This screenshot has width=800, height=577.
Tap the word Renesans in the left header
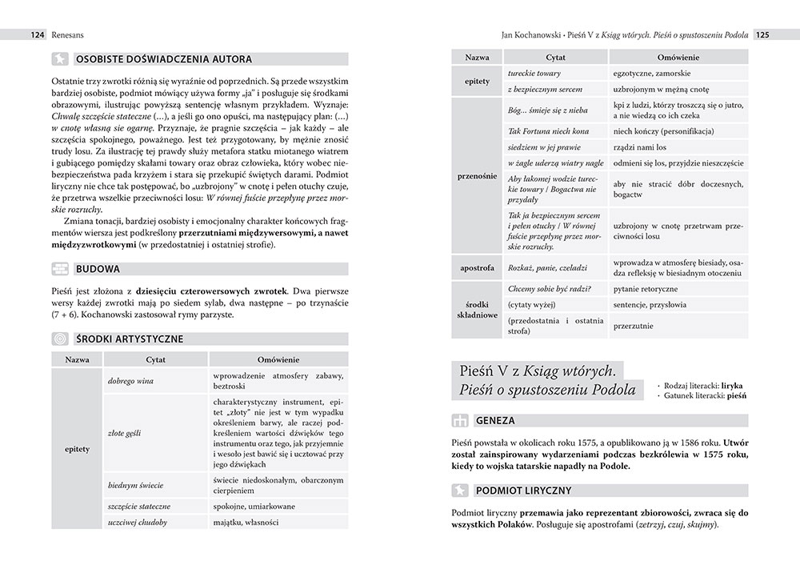point(67,35)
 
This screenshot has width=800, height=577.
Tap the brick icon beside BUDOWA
point(59,268)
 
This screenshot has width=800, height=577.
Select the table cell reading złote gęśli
point(125,433)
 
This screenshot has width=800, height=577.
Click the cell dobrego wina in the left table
point(131,381)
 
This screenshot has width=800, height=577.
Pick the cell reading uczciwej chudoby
point(137,523)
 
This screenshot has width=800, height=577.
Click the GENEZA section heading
point(496,419)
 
